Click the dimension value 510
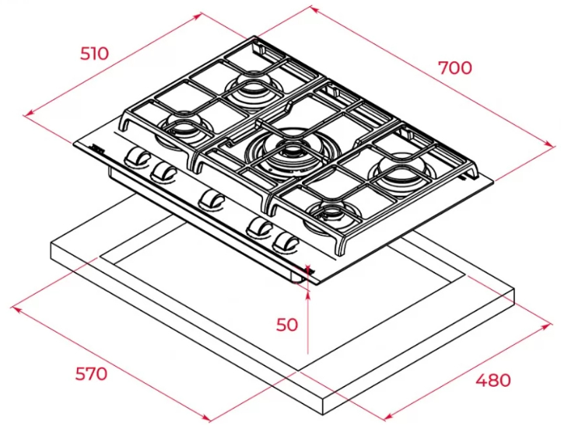point(94,54)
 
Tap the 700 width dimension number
point(455,68)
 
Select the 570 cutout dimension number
point(91,374)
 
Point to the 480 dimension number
point(493,380)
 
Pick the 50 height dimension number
point(287,325)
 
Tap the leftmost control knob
point(138,157)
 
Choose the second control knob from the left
point(163,171)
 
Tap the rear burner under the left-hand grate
point(253,86)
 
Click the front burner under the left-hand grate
point(185,126)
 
